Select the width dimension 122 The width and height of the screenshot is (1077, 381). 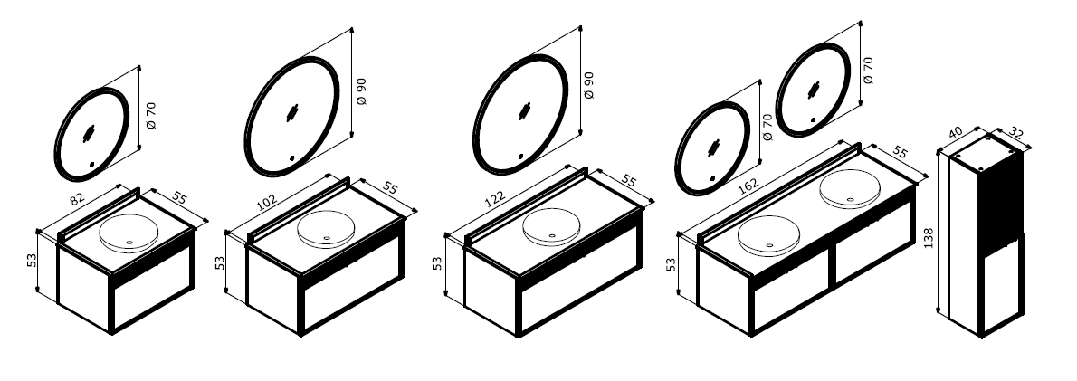pos(495,197)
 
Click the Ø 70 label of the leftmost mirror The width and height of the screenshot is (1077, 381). pos(151,115)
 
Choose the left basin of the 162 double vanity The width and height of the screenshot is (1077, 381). pos(767,236)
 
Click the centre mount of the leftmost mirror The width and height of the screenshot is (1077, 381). pos(90,134)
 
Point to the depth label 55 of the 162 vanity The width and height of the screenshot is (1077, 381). pos(899,151)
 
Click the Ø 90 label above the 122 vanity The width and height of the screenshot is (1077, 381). pos(588,84)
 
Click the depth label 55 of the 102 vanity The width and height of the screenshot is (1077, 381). pos(389,187)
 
